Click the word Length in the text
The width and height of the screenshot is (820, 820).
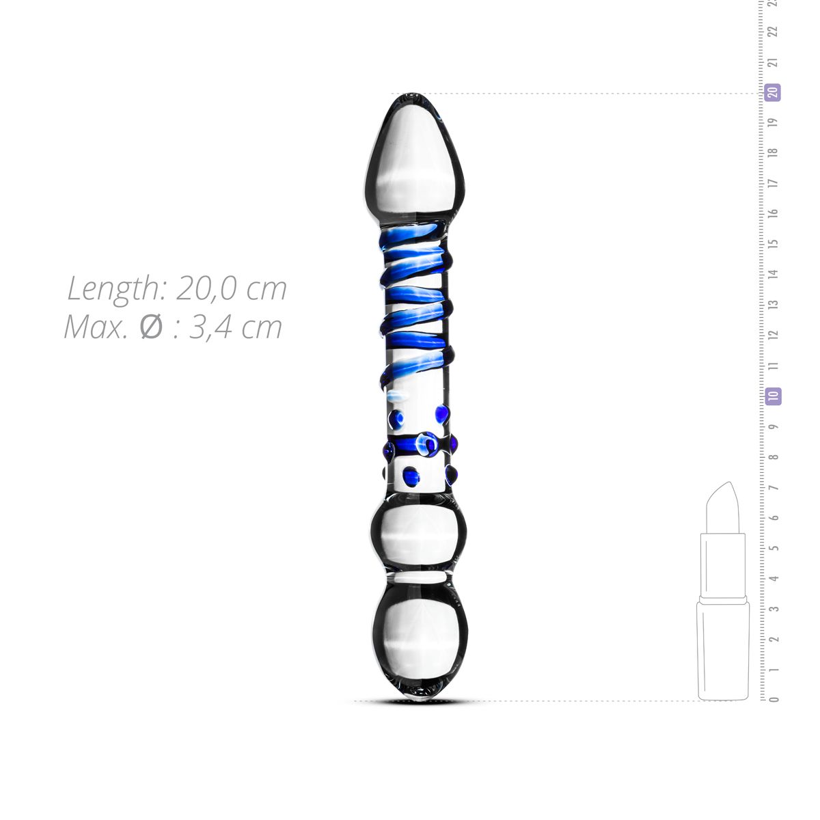click(113, 288)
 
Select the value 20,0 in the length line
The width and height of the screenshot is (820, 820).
click(206, 288)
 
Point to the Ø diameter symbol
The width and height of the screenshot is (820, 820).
click(151, 327)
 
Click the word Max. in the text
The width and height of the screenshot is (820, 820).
click(95, 327)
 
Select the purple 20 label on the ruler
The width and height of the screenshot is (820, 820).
click(773, 92)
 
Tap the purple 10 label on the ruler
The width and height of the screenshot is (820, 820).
click(773, 396)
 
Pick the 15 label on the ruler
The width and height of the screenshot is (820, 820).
click(774, 243)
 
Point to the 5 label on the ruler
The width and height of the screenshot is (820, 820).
click(774, 548)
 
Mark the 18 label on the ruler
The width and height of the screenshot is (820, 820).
click(774, 152)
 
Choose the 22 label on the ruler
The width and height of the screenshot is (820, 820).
click(774, 31)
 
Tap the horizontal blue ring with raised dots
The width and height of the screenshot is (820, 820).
click(419, 446)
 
